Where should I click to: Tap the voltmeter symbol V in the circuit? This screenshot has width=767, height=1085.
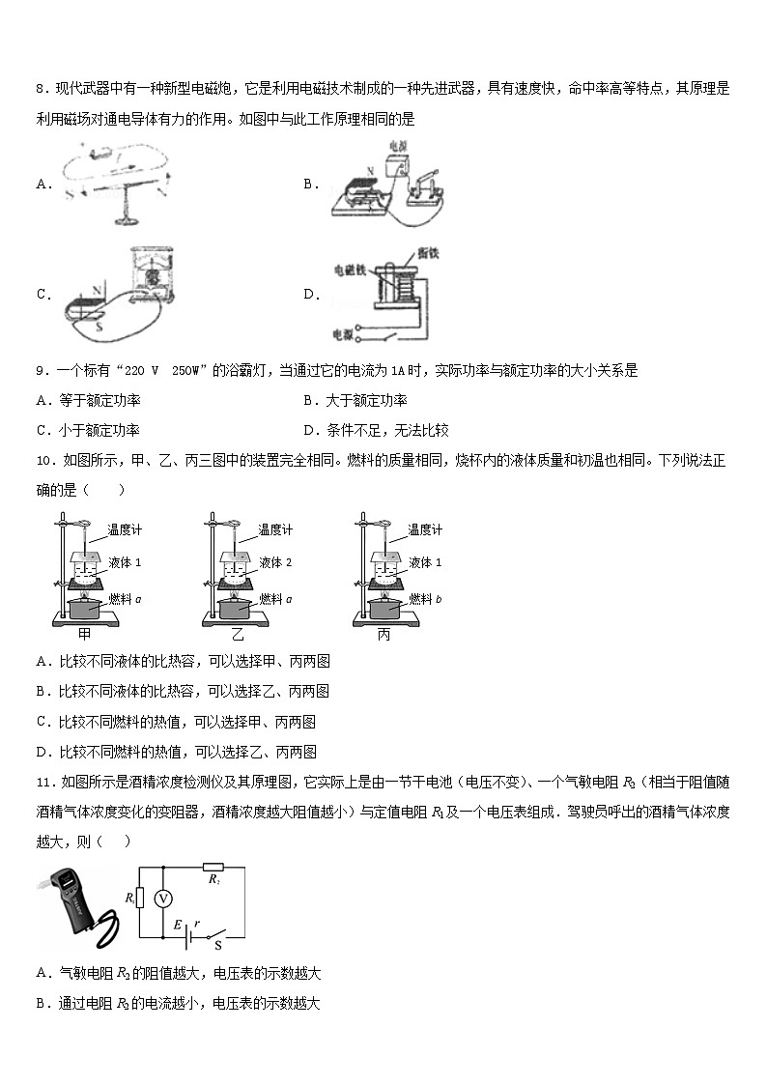coord(164,899)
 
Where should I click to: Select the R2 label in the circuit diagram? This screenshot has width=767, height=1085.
coord(214,880)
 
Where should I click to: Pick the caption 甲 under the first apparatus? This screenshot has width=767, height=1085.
coord(84,635)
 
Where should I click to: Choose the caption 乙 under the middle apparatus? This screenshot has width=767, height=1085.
coord(237,635)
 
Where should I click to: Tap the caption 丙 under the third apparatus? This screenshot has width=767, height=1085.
coord(384,635)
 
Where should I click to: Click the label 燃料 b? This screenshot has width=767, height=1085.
coord(425,599)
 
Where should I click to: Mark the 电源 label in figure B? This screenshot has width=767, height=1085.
coord(398,148)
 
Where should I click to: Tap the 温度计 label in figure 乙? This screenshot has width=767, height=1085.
coord(274,529)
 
